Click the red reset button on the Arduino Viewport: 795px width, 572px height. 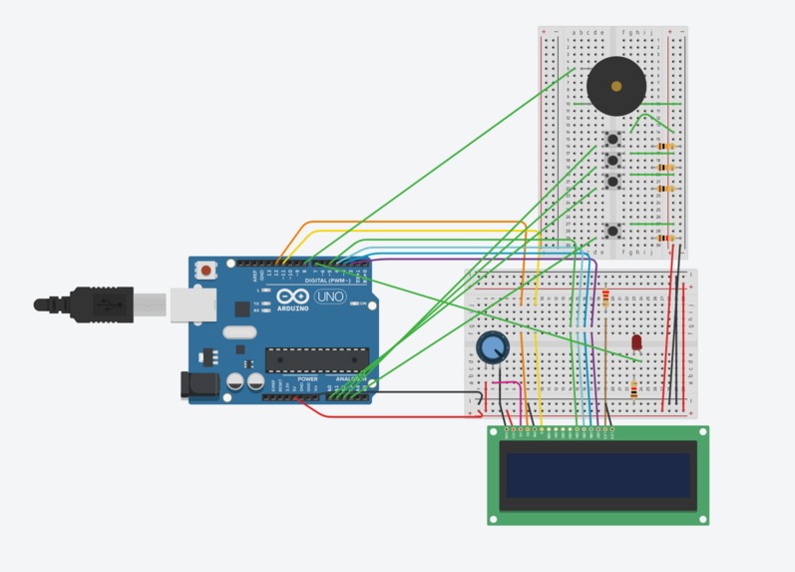point(206,270)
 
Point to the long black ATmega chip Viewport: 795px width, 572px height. point(316,358)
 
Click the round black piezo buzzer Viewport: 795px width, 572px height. point(615,87)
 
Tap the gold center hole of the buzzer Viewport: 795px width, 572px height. point(616,87)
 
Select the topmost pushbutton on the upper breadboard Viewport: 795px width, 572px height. point(613,139)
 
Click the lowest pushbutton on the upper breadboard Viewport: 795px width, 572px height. point(613,232)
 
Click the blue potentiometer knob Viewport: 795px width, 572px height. point(492,347)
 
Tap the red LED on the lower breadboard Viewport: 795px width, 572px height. point(636,342)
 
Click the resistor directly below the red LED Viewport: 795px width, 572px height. point(634,389)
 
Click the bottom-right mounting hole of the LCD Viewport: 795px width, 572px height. point(702,518)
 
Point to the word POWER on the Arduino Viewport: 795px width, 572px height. point(307,379)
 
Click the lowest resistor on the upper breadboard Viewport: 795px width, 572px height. point(665,239)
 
